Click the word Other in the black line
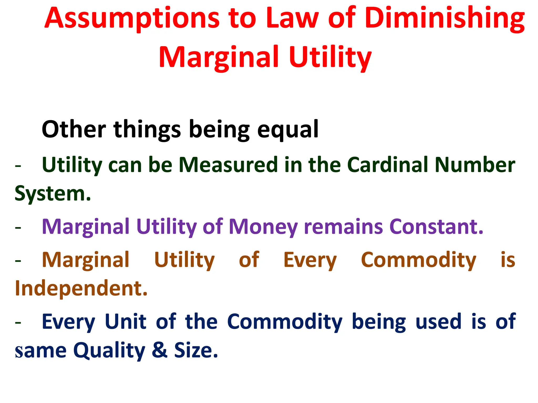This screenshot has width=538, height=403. [74, 129]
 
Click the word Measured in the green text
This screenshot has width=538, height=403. [228, 165]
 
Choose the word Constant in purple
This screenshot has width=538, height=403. [436, 227]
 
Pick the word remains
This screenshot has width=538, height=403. [343, 227]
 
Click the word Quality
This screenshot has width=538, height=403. [109, 351]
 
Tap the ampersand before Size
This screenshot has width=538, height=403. [159, 350]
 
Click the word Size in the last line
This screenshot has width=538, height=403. [196, 350]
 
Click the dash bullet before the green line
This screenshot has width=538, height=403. [18, 166]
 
